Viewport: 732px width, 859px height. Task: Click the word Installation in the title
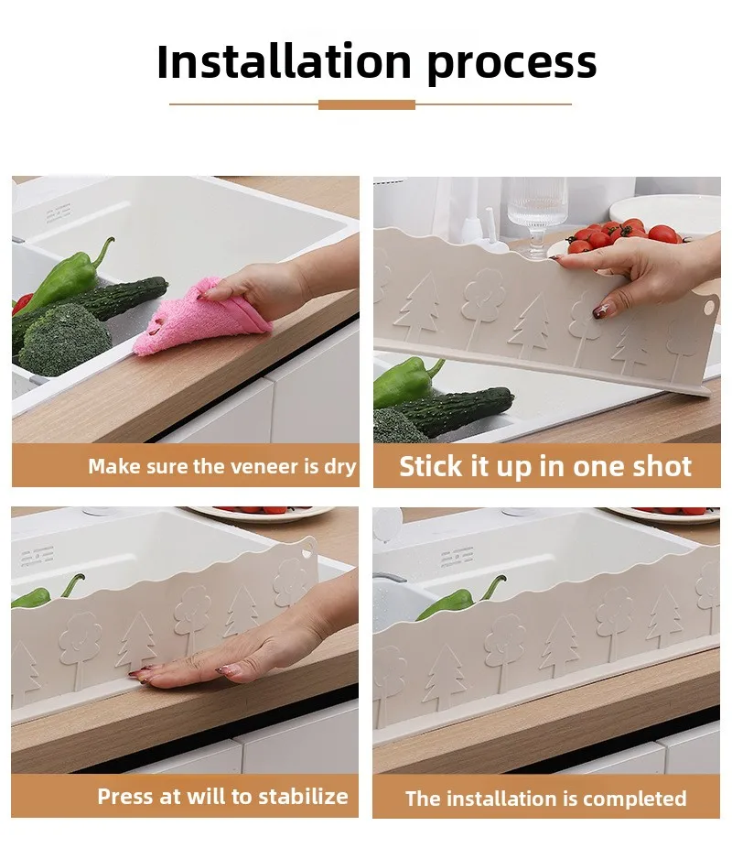tap(284, 62)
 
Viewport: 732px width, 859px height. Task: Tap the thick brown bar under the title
tap(366, 104)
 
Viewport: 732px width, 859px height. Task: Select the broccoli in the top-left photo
tap(64, 339)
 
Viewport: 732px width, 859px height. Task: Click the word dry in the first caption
tap(339, 466)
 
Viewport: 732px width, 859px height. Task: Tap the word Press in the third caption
tap(127, 796)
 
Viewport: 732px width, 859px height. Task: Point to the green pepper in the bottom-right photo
tap(457, 601)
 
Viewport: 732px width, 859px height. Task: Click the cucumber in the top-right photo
tap(457, 409)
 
